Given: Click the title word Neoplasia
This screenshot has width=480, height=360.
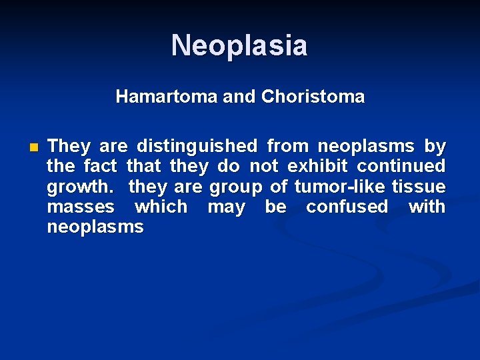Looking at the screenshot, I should (239, 46).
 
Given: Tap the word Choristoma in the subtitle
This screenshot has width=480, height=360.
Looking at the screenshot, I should (313, 97).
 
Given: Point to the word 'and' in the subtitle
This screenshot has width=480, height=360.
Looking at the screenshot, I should (239, 97).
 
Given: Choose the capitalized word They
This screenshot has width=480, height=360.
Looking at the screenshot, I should (71, 146).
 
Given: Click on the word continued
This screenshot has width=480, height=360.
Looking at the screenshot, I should (401, 166).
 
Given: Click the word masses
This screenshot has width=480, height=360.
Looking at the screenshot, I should (80, 207).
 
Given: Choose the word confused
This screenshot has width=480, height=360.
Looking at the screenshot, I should (347, 207).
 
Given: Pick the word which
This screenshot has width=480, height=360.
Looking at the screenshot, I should (161, 207).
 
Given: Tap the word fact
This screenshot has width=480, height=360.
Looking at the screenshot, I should (101, 166).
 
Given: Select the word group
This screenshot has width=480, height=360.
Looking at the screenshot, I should (235, 187).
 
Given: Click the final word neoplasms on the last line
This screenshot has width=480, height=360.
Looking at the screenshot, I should (95, 227).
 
